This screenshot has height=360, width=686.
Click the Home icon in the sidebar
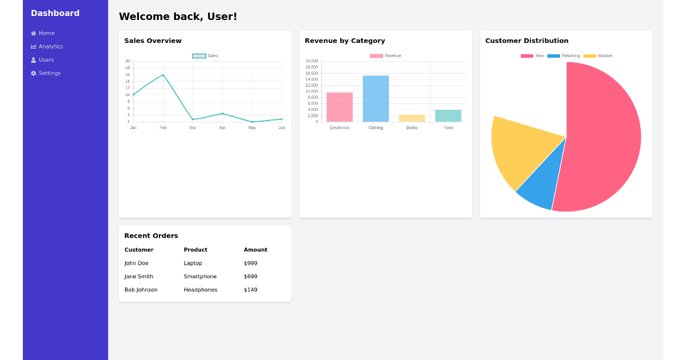click(x=33, y=33)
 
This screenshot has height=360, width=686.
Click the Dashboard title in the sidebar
click(x=55, y=13)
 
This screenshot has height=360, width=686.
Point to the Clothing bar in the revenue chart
click(x=376, y=98)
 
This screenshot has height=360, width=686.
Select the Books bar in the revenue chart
click(x=412, y=118)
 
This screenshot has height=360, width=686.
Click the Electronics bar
click(x=340, y=107)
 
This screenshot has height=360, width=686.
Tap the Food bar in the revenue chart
click(x=448, y=115)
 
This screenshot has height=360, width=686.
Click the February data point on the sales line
click(x=163, y=75)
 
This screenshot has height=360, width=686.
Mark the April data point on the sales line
click(x=222, y=113)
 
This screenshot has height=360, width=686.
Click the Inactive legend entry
click(x=598, y=56)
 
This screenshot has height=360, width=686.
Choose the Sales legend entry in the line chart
click(x=205, y=56)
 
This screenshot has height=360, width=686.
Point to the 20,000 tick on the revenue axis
click(x=312, y=61)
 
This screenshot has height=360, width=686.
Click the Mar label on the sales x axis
click(x=193, y=127)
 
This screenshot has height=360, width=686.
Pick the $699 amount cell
click(x=250, y=277)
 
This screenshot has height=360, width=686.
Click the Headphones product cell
click(x=201, y=290)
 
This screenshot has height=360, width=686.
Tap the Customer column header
click(x=139, y=250)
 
